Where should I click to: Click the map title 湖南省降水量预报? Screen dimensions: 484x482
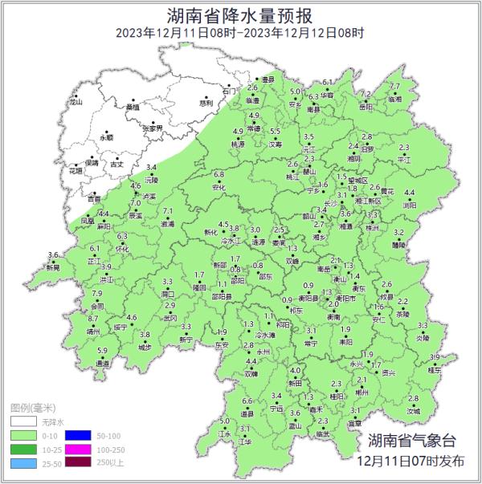pos(241,14)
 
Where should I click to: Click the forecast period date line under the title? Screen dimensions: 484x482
pos(240,33)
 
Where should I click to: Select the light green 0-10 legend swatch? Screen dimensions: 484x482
pos(24,435)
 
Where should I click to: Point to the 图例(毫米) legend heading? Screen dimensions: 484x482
pos(36,408)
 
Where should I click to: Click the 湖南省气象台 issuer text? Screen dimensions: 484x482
pos(411,440)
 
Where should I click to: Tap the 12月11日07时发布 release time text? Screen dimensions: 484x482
pos(411,462)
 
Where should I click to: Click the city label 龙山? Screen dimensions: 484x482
pos(76,103)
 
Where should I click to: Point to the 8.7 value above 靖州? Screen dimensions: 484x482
pos(92,319)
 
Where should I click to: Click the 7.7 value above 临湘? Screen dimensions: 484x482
pos(394,87)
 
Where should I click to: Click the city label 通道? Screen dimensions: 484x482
pos(102,363)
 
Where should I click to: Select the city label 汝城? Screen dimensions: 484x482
pos(413,411)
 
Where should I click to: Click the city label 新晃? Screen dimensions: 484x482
pos(53,267)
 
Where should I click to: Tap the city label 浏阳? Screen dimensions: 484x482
pos(409,205)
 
